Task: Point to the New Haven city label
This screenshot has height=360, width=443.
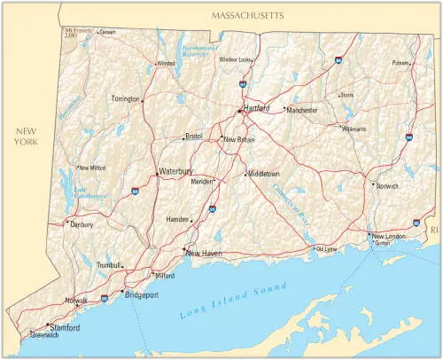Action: click(204, 254)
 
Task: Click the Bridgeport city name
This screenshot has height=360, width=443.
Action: click(142, 293)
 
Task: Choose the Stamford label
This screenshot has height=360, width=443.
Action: click(65, 328)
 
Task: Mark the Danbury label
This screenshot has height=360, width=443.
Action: click(82, 225)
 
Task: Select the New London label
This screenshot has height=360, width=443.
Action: click(390, 236)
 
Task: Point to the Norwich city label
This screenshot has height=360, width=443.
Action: click(387, 187)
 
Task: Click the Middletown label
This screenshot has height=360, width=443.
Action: click(264, 174)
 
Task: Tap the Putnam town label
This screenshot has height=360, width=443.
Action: click(401, 63)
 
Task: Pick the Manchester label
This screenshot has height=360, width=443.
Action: click(302, 110)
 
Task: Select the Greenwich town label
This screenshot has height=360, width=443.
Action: click(44, 336)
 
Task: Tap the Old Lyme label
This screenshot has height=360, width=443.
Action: click(327, 249)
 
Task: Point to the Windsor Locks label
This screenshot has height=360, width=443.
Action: click(236, 59)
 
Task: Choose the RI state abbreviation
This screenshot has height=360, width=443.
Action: click(434, 230)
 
